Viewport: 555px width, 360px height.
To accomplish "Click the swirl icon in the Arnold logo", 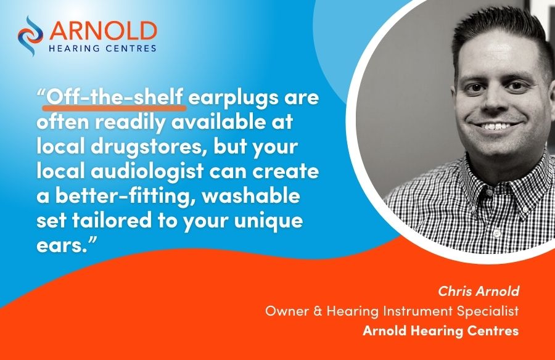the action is click(30, 36).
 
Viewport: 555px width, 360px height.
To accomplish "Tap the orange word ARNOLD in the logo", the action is click(104, 31).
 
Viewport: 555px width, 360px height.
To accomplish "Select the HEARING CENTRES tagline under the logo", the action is click(102, 49).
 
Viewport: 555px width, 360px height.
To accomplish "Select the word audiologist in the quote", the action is click(147, 171).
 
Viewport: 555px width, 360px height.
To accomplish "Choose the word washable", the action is click(251, 196).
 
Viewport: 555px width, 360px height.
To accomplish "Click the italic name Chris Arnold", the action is click(479, 291).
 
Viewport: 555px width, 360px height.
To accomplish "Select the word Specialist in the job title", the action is click(488, 311).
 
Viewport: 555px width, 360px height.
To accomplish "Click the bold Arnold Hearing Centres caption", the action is click(441, 330).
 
